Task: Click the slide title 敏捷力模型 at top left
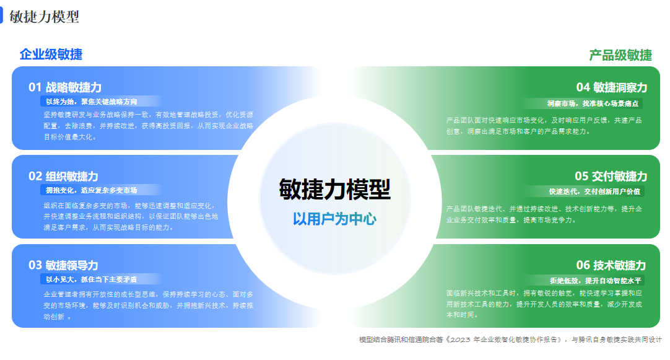point(45,17)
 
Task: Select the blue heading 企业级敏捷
point(51,55)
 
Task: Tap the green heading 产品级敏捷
point(620,55)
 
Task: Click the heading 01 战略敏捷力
point(65,87)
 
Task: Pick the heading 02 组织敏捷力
point(63,176)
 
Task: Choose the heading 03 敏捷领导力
point(63,265)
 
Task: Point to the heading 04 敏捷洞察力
point(611,87)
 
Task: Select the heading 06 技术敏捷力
point(611,265)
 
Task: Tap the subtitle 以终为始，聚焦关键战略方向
point(92,102)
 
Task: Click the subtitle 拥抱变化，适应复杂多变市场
point(92,190)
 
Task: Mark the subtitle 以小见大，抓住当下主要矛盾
point(92,279)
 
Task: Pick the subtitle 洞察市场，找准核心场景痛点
point(593,103)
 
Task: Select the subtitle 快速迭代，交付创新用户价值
point(595,191)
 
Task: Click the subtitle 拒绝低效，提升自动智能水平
point(596,281)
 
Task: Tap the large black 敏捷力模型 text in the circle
point(334,190)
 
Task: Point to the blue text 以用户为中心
point(334,219)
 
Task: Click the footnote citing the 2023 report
point(510,340)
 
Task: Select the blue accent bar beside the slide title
point(1,16)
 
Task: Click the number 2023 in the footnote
point(460,340)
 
